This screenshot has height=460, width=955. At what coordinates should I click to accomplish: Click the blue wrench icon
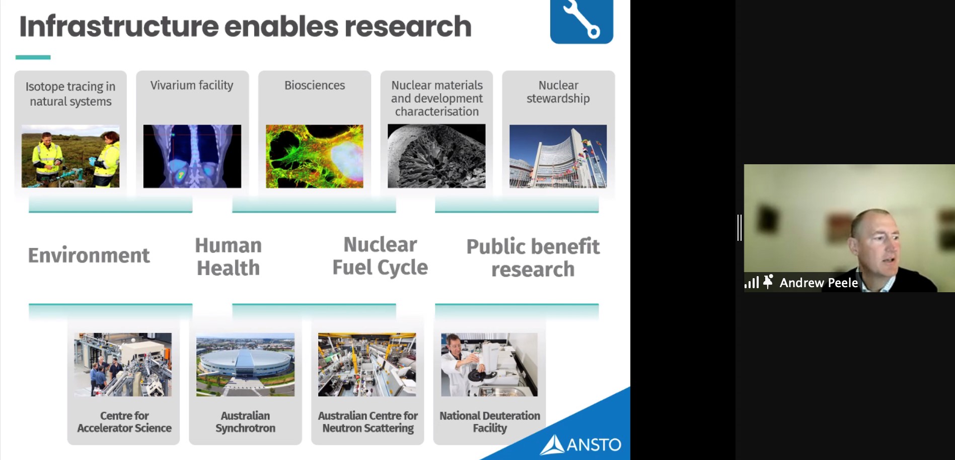(x=581, y=21)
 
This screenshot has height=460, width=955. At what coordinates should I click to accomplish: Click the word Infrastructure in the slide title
(x=118, y=26)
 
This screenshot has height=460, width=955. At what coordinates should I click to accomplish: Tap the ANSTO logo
(x=580, y=444)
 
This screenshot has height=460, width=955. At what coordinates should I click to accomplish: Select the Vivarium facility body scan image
(x=192, y=156)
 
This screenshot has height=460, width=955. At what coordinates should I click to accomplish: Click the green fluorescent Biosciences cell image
(x=315, y=156)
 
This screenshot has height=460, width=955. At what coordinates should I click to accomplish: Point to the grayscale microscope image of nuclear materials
(x=436, y=156)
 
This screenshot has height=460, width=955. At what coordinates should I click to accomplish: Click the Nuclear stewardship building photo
(x=558, y=156)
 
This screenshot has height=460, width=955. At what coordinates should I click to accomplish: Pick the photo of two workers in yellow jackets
(x=70, y=156)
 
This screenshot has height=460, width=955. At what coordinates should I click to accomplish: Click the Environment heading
(x=89, y=255)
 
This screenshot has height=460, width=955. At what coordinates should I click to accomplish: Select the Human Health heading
(x=229, y=257)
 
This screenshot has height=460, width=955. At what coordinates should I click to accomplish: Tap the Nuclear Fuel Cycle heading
(x=380, y=256)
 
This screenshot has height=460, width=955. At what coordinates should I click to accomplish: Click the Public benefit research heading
(x=533, y=258)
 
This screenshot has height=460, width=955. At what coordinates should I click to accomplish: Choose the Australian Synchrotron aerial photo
(x=245, y=364)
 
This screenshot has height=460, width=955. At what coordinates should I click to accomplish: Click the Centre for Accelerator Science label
(x=124, y=422)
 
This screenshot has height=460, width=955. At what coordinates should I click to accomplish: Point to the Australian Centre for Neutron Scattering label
(x=368, y=422)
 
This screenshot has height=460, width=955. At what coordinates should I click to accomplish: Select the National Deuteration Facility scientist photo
(x=489, y=364)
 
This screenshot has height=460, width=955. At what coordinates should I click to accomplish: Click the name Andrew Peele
(x=819, y=283)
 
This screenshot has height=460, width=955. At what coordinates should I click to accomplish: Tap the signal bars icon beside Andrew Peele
(x=752, y=282)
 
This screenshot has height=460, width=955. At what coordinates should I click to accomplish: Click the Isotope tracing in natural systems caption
(x=70, y=94)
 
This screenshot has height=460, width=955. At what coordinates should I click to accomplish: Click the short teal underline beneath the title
(x=33, y=57)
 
